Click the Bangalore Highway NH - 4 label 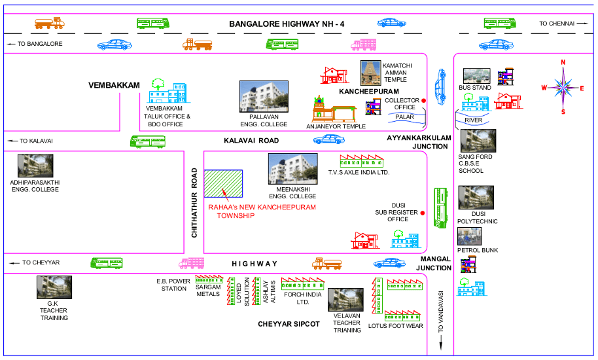click(x=287, y=24)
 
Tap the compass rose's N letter click(x=562, y=63)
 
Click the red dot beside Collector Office click(x=423, y=100)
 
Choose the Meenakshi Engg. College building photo click(x=292, y=169)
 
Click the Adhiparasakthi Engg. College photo click(x=36, y=166)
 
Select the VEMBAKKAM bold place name click(x=115, y=86)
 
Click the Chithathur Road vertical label click(x=194, y=202)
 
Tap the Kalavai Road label click(x=251, y=141)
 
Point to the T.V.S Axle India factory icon click(x=361, y=161)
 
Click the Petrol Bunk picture click(x=470, y=236)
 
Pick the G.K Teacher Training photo click(x=54, y=287)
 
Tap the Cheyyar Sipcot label click(x=289, y=324)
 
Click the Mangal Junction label click(x=435, y=263)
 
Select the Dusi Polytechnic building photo click(x=476, y=197)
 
